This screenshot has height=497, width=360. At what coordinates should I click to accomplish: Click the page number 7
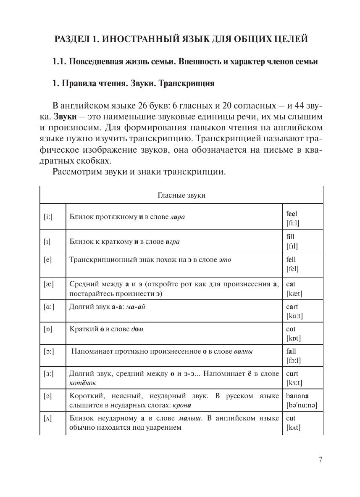pyautogui.click(x=321, y=460)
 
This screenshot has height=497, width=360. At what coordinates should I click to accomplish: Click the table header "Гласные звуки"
pyautogui.click(x=181, y=195)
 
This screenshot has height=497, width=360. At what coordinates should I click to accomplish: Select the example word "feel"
pyautogui.click(x=291, y=214)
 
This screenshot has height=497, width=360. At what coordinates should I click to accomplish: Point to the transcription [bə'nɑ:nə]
pyautogui.click(x=302, y=405)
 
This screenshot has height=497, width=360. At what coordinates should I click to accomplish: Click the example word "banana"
pyautogui.click(x=297, y=396)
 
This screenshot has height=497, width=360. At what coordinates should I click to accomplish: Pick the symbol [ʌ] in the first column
pyautogui.click(x=48, y=419)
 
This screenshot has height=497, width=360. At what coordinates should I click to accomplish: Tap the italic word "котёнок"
pyautogui.click(x=83, y=383)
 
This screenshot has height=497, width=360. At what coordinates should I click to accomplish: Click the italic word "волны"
pyautogui.click(x=244, y=351)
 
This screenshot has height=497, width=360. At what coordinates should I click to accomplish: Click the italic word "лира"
pyautogui.click(x=177, y=217)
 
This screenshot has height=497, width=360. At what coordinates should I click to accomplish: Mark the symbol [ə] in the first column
pyautogui.click(x=48, y=396)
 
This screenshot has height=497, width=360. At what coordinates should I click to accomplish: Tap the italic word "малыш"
pyautogui.click(x=190, y=418)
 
